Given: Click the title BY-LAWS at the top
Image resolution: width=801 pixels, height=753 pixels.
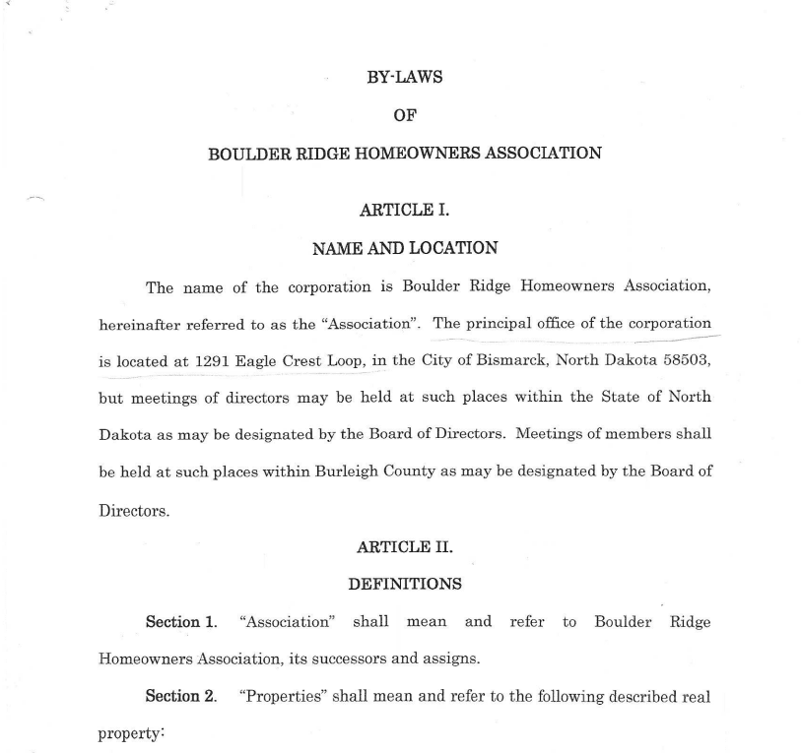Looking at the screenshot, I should [405, 78].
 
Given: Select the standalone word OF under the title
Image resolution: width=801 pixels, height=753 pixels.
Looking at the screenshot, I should [405, 115].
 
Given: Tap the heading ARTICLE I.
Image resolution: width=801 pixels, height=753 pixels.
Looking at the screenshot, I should [405, 210].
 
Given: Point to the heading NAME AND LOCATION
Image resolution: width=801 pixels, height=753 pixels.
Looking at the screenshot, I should [405, 248].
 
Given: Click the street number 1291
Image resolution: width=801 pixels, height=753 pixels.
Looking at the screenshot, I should [213, 361].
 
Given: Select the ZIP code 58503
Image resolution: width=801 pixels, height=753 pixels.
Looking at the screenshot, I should [687, 360].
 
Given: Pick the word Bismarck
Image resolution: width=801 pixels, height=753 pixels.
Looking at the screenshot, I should [511, 360].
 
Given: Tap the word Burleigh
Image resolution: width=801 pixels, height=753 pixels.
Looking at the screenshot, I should [348, 471].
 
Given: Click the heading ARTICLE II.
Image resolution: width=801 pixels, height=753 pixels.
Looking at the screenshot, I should [405, 547].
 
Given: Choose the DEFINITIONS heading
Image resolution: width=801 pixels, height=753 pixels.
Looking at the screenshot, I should [405, 585].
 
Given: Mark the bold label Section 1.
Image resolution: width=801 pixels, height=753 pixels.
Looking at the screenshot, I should [181, 622].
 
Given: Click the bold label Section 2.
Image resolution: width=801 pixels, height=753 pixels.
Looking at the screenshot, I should [181, 697].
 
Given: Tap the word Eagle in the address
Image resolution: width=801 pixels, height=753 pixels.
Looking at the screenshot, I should [256, 361].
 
